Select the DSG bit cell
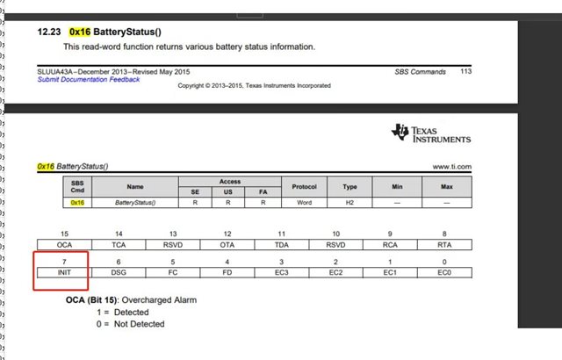[x=119, y=273]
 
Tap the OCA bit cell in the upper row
[x=62, y=246]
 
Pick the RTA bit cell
[x=446, y=246]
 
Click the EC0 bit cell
[x=446, y=273]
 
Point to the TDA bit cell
[x=282, y=246]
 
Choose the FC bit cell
[x=173, y=273]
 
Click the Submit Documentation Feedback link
[x=89, y=79]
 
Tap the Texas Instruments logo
[x=431, y=133]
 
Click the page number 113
[x=465, y=71]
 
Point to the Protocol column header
[x=304, y=186]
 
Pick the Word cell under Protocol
[x=304, y=202]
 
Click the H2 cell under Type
[x=350, y=202]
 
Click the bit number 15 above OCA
[x=62, y=233]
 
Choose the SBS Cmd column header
[x=76, y=186]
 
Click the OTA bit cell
[x=227, y=246]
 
